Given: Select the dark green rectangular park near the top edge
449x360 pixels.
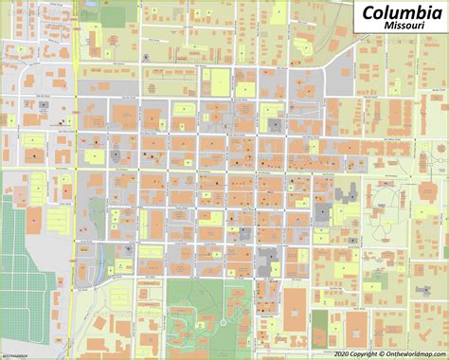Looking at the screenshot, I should [114, 15].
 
